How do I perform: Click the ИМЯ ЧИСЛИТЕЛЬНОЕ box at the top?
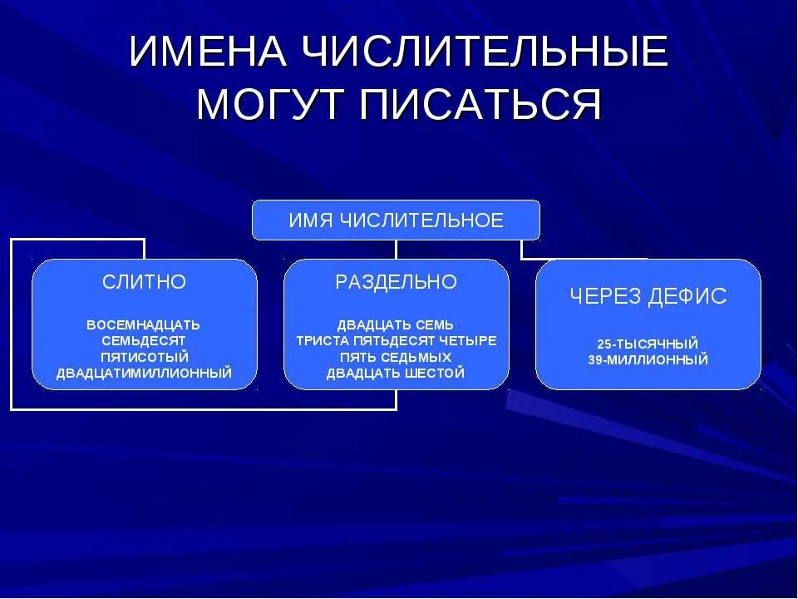click(396, 220)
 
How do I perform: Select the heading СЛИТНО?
click(144, 282)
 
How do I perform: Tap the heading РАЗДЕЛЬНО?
click(397, 282)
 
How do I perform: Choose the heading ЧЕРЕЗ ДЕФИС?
click(648, 296)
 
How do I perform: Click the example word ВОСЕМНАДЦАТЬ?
click(144, 324)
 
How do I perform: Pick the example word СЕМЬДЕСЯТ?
click(144, 340)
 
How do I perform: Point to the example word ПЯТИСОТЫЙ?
click(144, 357)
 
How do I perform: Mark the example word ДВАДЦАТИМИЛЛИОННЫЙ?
click(144, 373)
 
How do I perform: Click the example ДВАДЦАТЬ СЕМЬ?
click(396, 324)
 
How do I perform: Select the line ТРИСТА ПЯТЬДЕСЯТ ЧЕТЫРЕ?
click(397, 340)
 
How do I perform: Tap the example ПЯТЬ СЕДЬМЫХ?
click(396, 357)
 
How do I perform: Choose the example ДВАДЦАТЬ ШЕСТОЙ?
click(396, 373)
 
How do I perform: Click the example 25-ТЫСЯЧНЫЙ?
click(648, 344)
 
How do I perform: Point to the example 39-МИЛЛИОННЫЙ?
click(648, 360)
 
